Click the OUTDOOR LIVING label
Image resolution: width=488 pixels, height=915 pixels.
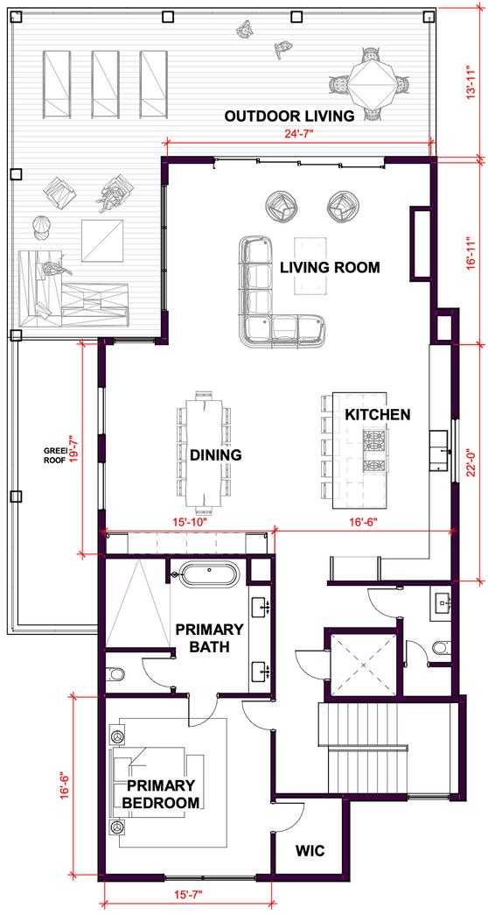coord(289,116)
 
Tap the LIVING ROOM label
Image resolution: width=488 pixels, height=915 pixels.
coord(330,268)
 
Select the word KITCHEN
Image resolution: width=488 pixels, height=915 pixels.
coord(378,415)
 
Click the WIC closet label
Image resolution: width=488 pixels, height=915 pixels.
coord(309,849)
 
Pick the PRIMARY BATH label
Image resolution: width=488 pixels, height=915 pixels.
coord(209,638)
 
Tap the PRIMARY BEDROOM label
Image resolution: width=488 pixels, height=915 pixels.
coord(160,793)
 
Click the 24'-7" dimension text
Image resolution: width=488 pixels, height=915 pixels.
coord(298,134)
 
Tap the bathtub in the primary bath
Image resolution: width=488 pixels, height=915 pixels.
coord(207,573)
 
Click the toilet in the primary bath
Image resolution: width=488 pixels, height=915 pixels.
coord(115,674)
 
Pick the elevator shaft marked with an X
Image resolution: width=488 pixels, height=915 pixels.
coord(362,664)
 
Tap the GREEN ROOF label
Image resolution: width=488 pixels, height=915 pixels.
coord(55,454)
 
